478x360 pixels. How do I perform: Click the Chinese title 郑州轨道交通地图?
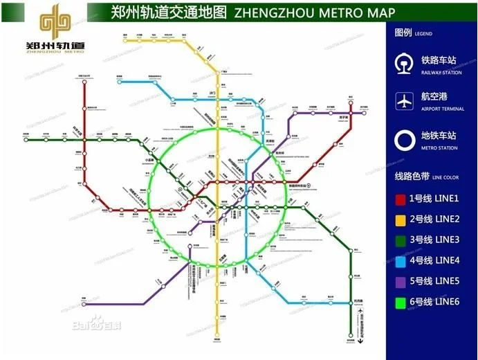pos(169,12)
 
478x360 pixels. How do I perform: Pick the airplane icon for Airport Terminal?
pos(403,100)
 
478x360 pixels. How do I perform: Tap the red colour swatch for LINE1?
pos(401,199)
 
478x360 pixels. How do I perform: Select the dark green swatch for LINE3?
pos(401,240)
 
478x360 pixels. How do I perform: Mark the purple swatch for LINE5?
pos(401,281)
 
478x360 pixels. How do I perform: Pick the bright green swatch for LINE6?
pos(401,302)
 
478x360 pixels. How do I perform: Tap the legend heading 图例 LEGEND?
pos(412,33)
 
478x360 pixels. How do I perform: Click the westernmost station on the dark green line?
pos(26,140)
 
